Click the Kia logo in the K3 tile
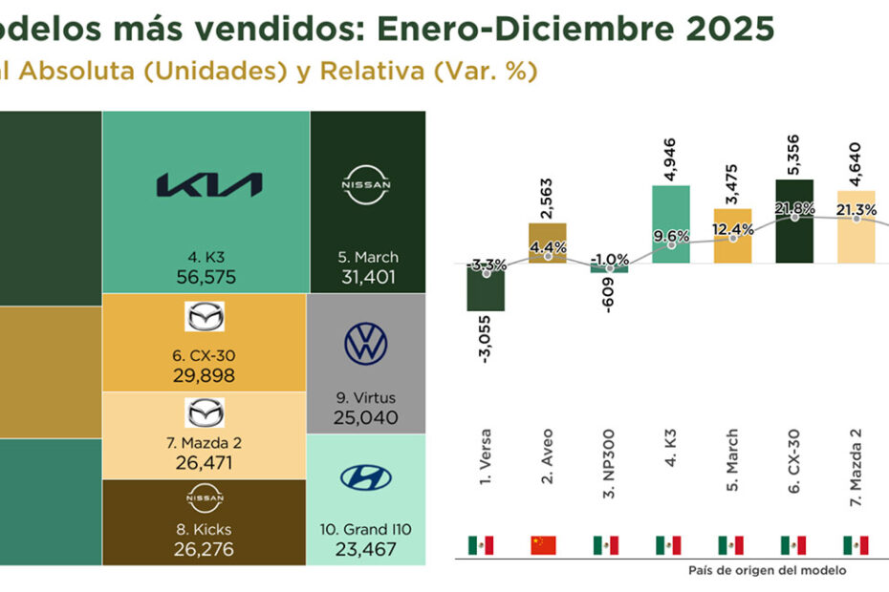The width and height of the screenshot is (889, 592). click(208, 184)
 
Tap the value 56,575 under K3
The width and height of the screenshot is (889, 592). click(206, 277)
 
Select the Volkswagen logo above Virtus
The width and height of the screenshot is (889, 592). click(366, 344)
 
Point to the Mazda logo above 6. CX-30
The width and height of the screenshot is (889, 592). click(205, 316)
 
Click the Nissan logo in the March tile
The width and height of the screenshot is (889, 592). click(366, 184)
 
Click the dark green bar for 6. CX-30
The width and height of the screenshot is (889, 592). click(795, 221)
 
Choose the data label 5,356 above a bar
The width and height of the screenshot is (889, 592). click(795, 152)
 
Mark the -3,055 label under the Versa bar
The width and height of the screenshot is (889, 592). click(486, 339)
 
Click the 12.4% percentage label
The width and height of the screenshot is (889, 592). click(733, 229)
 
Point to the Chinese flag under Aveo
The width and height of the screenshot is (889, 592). click(543, 545)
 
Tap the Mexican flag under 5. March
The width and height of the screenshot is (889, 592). click(731, 545)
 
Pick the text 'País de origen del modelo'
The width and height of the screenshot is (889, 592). click(767, 570)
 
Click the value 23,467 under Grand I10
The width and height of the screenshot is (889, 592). click(366, 549)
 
